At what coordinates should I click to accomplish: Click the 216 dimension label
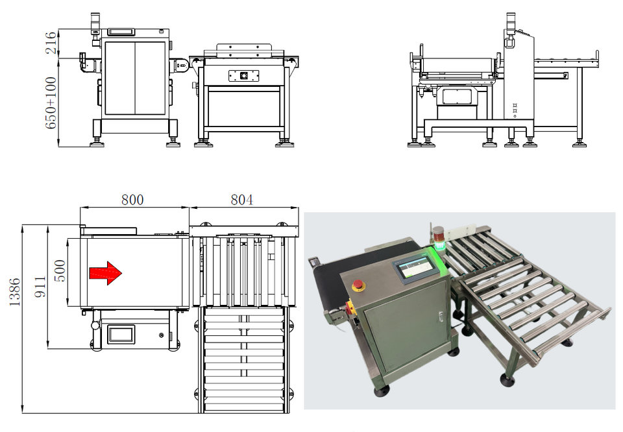[51, 43]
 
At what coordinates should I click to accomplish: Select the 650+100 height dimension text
[51, 103]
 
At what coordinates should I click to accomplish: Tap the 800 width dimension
[132, 199]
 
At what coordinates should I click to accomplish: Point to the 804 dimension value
[241, 199]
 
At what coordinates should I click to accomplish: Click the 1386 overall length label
[14, 292]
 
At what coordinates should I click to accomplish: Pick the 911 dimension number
[40, 287]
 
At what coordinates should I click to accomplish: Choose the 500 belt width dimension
[60, 270]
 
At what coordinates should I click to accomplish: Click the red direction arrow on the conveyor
[105, 273]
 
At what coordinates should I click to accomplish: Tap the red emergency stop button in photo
[358, 285]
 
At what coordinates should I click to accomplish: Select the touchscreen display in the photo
[417, 269]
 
